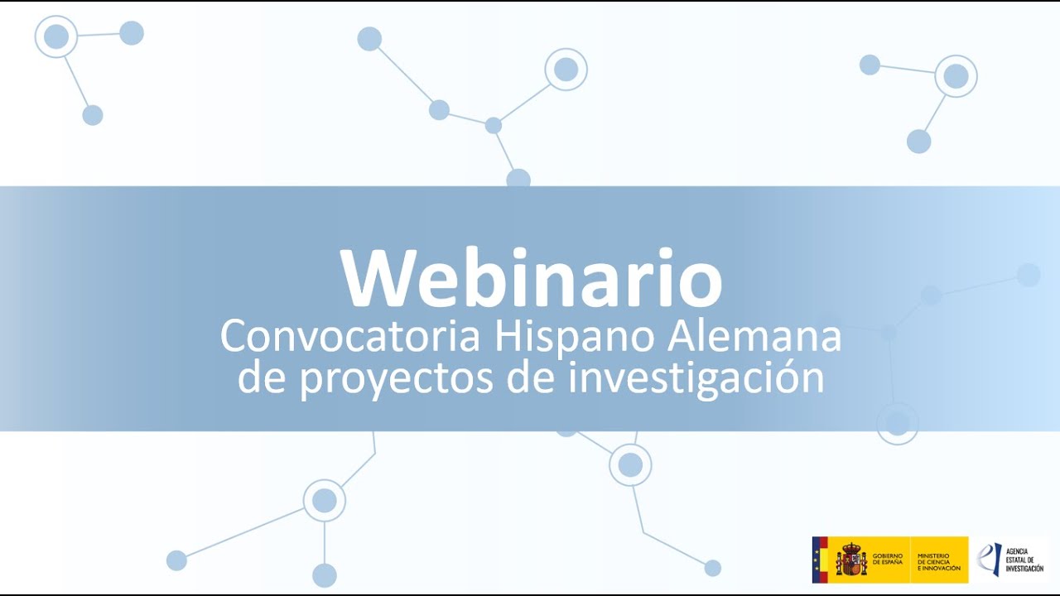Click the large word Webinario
531,278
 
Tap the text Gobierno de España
888,560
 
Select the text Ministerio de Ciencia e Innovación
939,560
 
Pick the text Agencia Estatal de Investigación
1024,560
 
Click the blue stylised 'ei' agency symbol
989,559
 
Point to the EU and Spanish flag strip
820,560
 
